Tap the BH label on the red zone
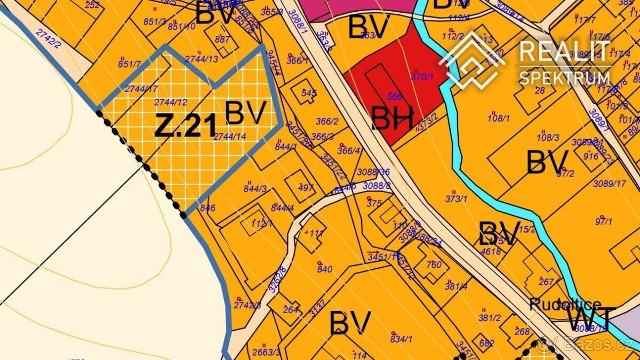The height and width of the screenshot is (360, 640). coord(392,119)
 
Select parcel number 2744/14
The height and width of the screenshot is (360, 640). coord(229,137)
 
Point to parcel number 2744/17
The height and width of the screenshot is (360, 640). coord(141,89)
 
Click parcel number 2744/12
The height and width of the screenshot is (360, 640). coord(170,101)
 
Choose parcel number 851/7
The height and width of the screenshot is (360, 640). coord(130,64)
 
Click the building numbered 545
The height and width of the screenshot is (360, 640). coord(309,93)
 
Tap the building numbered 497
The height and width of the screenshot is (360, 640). coord(306,187)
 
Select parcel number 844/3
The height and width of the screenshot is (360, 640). coord(255,188)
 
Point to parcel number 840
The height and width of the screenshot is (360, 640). coord(325,269)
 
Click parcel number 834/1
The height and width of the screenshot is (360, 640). coord(402,338)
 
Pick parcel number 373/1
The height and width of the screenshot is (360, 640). coord(456,198)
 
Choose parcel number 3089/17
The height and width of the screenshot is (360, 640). coord(610,183)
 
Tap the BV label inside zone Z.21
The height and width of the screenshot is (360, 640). coord(245,113)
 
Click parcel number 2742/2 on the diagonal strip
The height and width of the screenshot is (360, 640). coord(49,39)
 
